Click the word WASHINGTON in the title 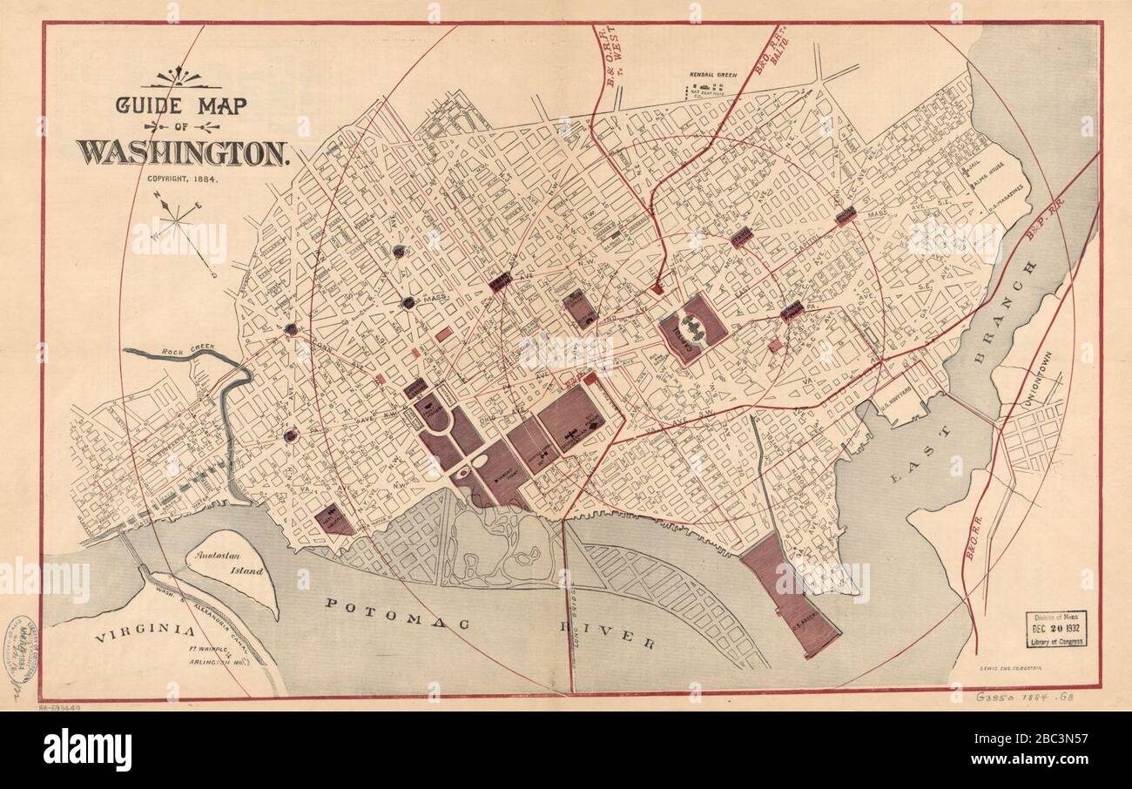[183, 152]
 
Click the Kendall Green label [712, 76]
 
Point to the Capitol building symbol [693, 328]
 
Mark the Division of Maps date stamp [1055, 629]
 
